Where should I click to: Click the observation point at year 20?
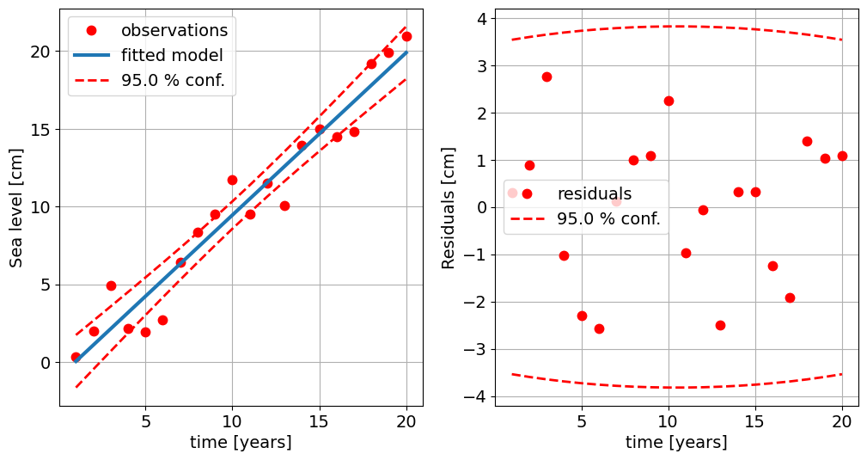(406, 36)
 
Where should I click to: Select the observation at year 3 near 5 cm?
(111, 285)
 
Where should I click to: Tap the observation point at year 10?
(232, 180)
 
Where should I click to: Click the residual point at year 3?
(546, 77)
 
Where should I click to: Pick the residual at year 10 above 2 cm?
(669, 101)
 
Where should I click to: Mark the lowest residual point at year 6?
(599, 328)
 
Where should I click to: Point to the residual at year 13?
(720, 325)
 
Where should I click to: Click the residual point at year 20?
(842, 156)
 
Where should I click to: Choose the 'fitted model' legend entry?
(172, 55)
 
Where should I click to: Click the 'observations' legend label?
(174, 30)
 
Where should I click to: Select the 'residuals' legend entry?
(594, 193)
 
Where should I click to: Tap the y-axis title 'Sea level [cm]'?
(17, 206)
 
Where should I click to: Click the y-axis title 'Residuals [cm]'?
(449, 206)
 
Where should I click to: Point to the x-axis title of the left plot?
(241, 442)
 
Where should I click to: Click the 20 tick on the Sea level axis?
(40, 52)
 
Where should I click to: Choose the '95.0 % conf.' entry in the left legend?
(178, 81)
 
